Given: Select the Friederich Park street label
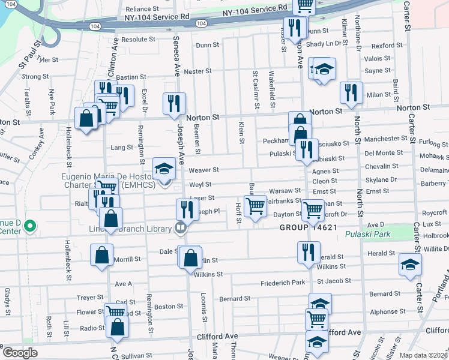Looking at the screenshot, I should click(283, 283).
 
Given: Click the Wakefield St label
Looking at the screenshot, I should click(271, 85).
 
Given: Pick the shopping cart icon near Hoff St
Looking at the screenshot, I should click(256, 206).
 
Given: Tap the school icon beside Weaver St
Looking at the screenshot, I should click(164, 169).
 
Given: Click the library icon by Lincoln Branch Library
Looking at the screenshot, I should click(179, 227).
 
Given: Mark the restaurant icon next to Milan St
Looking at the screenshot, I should click(351, 92).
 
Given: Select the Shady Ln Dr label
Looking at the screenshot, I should click(327, 43).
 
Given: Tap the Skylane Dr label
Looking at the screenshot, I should click(380, 179).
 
